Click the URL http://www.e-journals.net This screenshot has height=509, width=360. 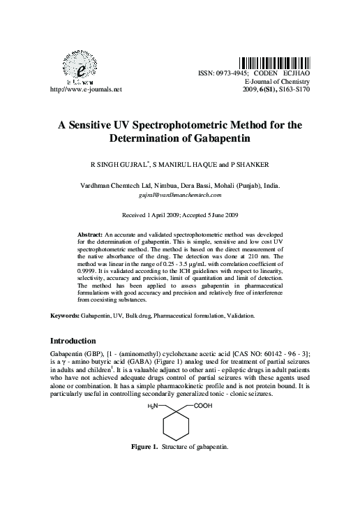pos(82,89)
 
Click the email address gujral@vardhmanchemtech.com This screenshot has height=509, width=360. pos(180,198)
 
